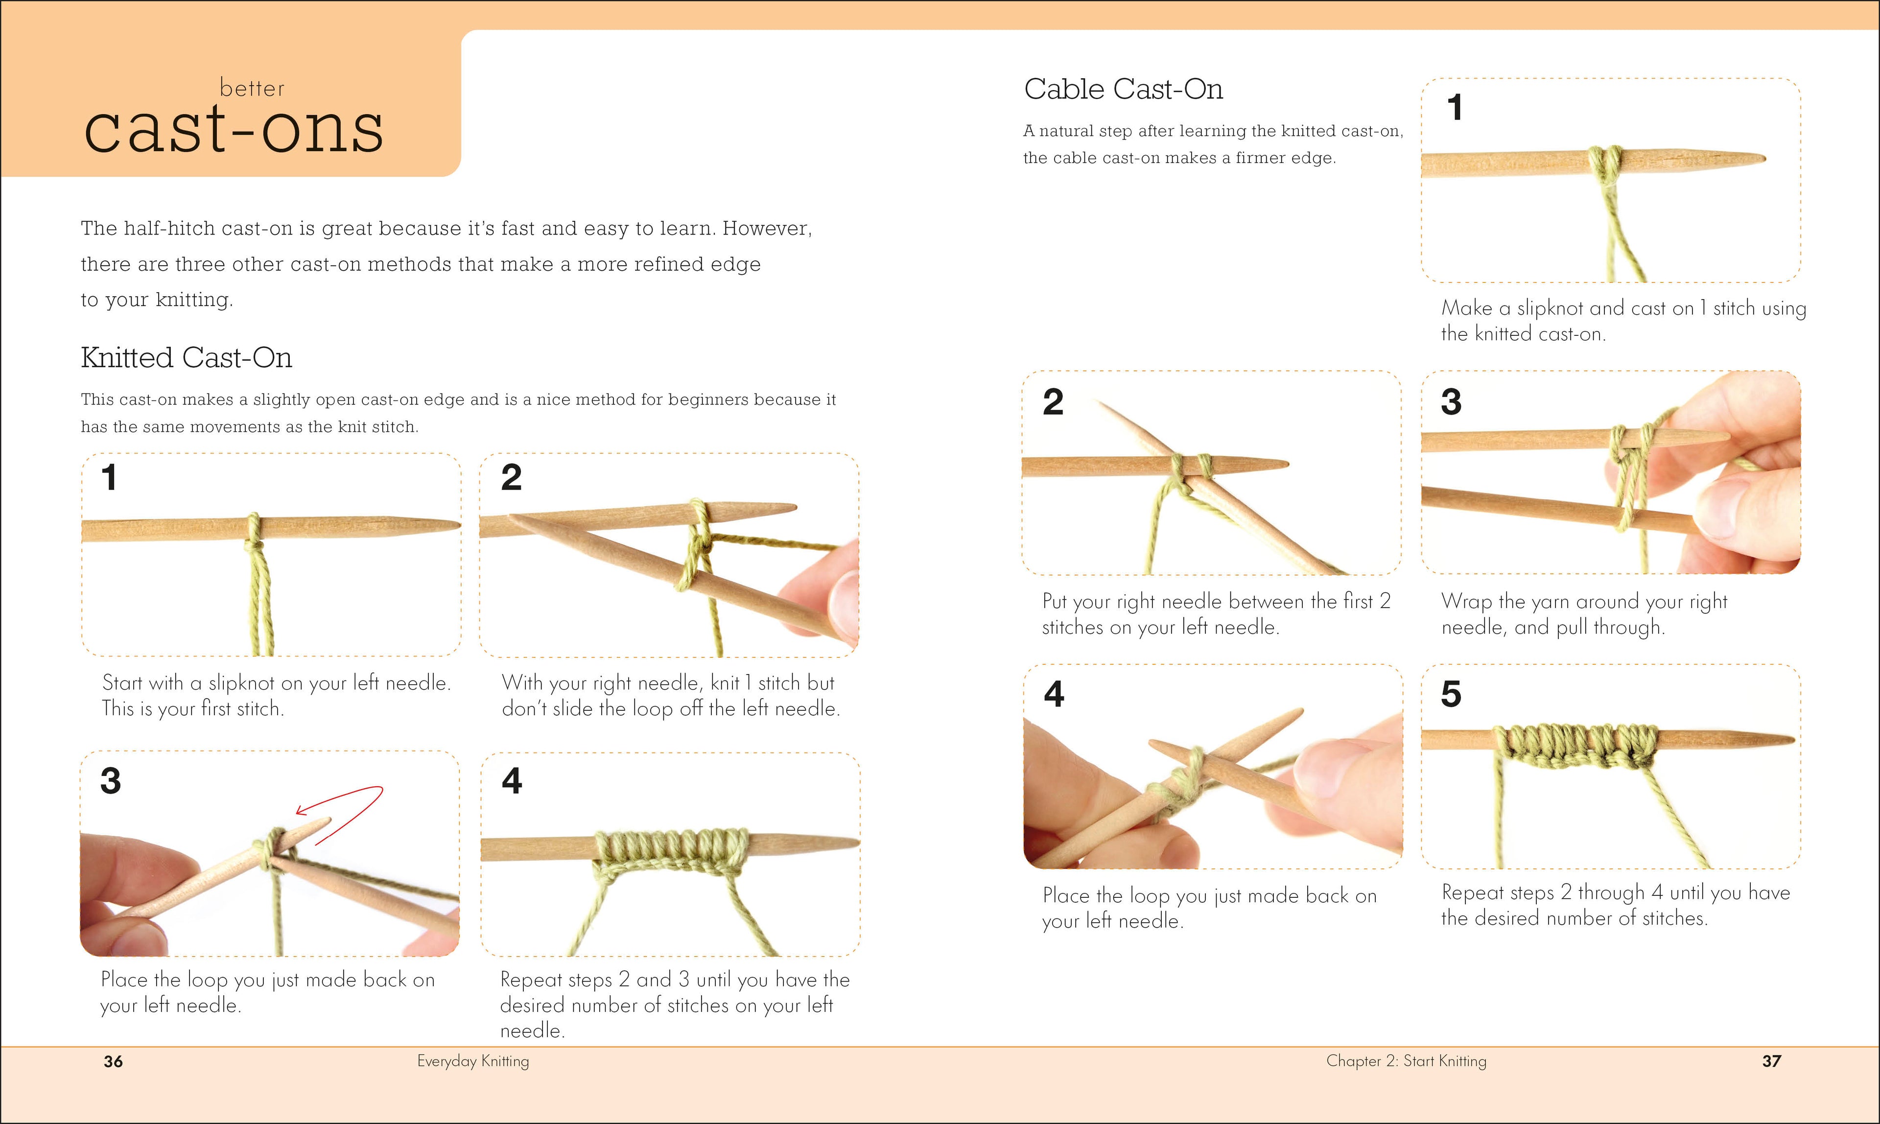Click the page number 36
[113, 1061]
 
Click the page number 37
[1771, 1061]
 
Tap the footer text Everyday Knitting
[472, 1060]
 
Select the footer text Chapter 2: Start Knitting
[1406, 1060]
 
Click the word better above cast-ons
[252, 89]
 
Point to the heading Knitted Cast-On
[187, 357]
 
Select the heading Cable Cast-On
[1123, 90]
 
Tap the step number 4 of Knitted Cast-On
[512, 781]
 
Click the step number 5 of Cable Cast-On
[1451, 694]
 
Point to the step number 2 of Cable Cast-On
[1053, 401]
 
